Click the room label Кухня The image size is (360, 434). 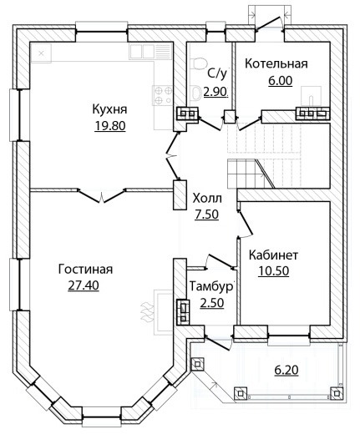(109, 109)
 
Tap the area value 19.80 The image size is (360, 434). (110, 126)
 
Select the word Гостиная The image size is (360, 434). (86, 270)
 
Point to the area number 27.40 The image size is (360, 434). (84, 285)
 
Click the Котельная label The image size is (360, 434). (276, 63)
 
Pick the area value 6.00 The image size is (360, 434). (281, 81)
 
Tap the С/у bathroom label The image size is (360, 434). (217, 73)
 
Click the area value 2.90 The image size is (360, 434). (215, 91)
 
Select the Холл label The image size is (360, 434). (207, 199)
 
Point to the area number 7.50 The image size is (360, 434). (206, 214)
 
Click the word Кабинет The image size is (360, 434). (273, 255)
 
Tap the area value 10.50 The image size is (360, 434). (274, 271)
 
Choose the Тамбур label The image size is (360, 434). (210, 287)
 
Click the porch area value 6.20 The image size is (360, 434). (286, 370)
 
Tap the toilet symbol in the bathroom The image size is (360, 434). (197, 63)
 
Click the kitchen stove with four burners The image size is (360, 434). (162, 95)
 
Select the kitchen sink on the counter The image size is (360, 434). (142, 51)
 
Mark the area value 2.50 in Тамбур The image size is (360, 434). (212, 303)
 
